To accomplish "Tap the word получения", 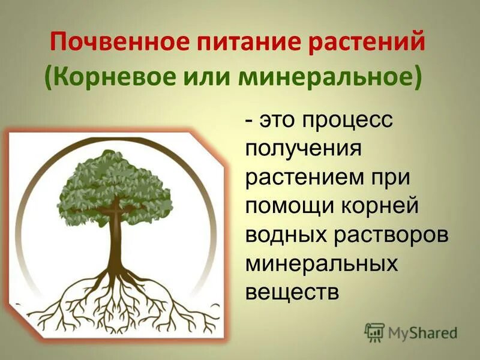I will pos(304,147).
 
